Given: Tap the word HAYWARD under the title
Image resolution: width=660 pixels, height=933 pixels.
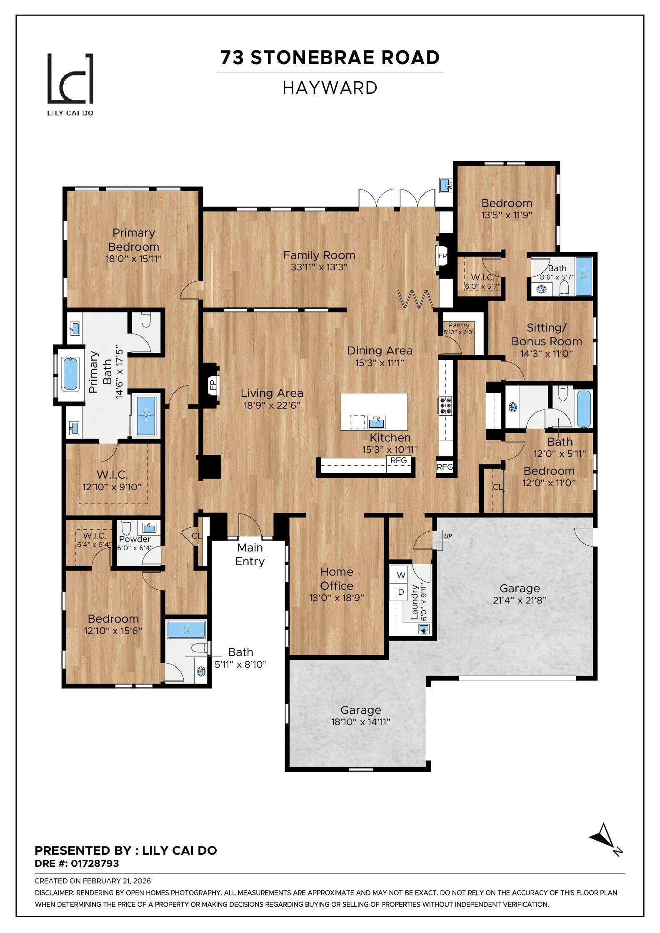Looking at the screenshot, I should tap(330, 88).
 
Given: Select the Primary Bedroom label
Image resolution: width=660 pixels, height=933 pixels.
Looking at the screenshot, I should tap(133, 239).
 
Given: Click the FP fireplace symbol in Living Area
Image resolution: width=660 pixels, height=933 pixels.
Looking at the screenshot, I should tap(212, 384).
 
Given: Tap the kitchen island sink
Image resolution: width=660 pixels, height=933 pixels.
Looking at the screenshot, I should tap(377, 422).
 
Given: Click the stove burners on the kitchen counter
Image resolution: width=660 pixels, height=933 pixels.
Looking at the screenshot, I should tap(445, 405).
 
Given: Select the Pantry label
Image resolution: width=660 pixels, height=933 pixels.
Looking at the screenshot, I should tap(459, 325).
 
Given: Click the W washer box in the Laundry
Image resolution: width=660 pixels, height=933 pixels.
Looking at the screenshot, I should tap(400, 575).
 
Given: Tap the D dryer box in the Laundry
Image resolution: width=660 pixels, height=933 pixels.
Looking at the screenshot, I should tap(400, 592).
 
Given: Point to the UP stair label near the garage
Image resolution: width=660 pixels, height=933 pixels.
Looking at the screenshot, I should tap(448, 536).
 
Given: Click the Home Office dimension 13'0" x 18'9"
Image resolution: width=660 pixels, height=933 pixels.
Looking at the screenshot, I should tap(337, 598).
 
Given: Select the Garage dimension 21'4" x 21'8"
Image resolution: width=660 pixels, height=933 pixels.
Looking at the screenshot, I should tap(520, 600).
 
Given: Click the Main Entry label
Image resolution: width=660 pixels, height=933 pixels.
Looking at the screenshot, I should tap(250, 554).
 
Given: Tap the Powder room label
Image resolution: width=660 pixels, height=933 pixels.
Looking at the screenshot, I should tap(135, 539).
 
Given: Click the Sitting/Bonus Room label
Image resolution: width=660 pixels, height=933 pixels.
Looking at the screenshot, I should tap(547, 334).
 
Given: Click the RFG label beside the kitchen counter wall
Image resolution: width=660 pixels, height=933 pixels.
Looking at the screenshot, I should tap(445, 467).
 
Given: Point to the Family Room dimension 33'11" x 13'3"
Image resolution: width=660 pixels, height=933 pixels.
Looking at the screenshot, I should tap(319, 267).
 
